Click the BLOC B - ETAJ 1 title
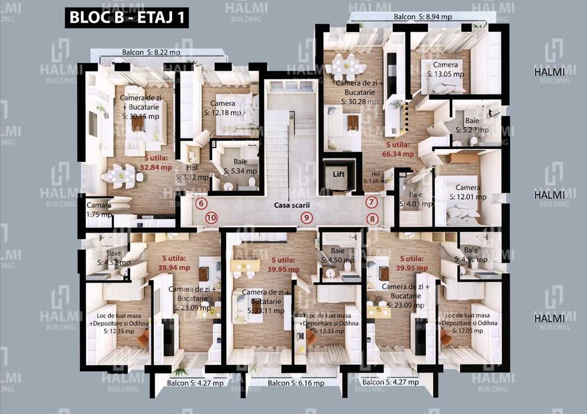tap(127, 17)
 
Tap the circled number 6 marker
tap(202, 203)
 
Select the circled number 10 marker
tap(211, 218)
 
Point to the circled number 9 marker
tap(305, 218)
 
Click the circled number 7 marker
tap(372, 202)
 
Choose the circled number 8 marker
tap(372, 218)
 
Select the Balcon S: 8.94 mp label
tap(422, 17)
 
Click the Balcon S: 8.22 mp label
tap(151, 52)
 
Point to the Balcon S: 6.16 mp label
tap(296, 383)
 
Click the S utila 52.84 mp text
tap(156, 163)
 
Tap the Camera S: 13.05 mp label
tap(446, 70)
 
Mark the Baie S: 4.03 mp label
tap(416, 199)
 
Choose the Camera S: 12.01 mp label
tap(467, 192)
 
